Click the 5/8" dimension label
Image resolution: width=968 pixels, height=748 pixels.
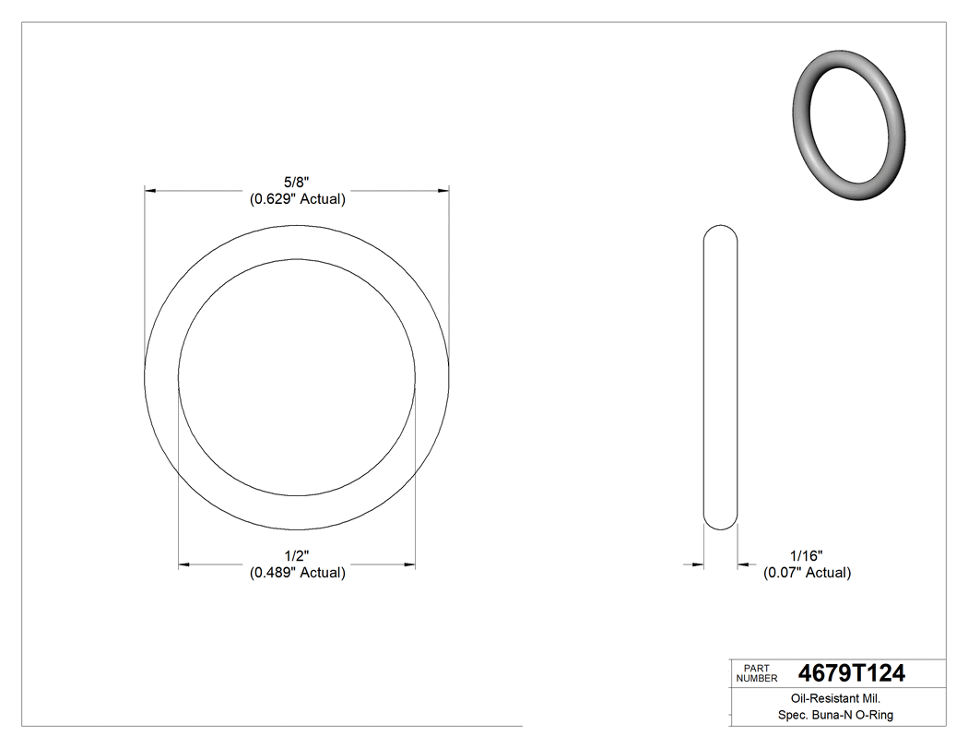(x=297, y=184)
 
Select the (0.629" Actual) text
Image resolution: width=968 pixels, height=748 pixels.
(x=297, y=199)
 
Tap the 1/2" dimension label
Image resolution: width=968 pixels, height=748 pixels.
(x=297, y=556)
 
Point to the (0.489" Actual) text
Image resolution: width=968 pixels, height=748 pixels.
(x=297, y=573)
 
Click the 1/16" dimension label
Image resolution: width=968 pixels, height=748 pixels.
(x=806, y=556)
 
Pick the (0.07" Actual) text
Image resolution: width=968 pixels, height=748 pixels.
(x=806, y=573)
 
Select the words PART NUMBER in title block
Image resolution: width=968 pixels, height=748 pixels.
(x=757, y=673)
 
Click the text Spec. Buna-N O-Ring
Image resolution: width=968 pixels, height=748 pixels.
(x=836, y=715)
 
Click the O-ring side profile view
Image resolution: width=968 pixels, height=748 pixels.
(x=720, y=377)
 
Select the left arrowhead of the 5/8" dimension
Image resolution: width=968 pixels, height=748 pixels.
(x=151, y=191)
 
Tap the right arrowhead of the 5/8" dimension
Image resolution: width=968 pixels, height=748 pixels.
(x=443, y=191)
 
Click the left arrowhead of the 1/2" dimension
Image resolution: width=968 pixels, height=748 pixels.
(x=184, y=564)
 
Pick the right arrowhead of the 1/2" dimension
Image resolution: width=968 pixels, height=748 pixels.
(x=409, y=564)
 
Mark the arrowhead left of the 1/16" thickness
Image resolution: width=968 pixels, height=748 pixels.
(x=699, y=564)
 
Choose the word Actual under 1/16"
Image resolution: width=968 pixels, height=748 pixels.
(x=826, y=573)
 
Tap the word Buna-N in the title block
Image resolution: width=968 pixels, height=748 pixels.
(x=831, y=715)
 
